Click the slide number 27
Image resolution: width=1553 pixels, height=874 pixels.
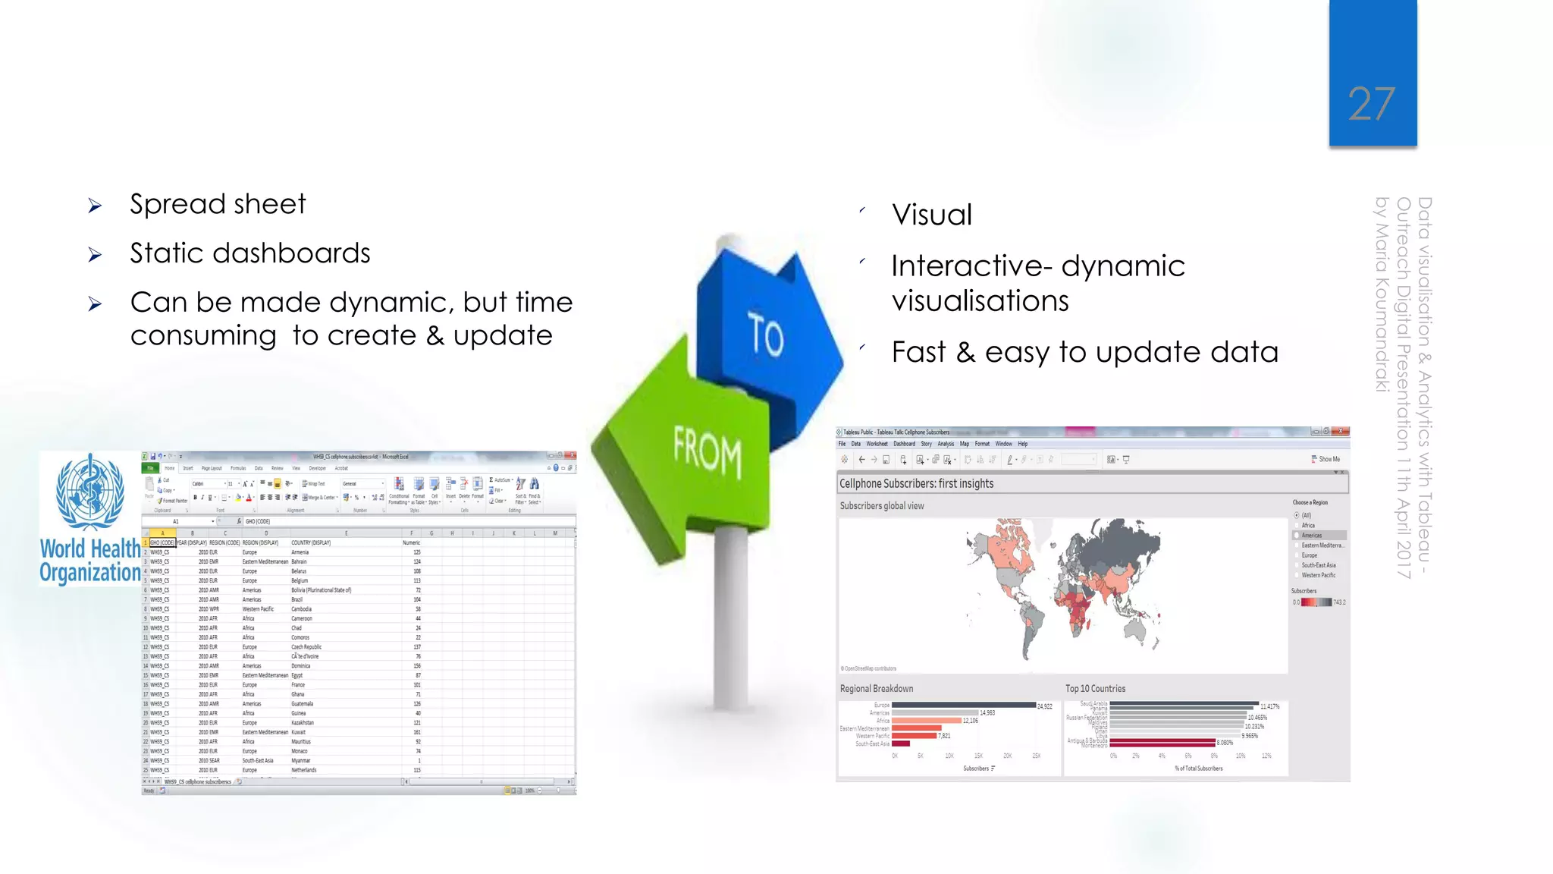[x=1371, y=104]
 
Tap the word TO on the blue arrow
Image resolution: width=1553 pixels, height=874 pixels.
[x=765, y=335]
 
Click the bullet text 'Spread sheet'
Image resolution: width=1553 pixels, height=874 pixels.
[x=218, y=204]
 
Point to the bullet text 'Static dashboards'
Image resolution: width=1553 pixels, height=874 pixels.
[x=249, y=253]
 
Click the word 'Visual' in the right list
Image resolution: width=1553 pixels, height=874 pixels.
[x=931, y=215]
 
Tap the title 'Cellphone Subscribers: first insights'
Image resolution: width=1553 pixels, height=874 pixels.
[x=916, y=483]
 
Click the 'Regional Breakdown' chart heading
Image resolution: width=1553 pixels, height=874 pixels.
[x=876, y=689]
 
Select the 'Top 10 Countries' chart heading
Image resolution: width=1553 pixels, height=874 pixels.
[x=1095, y=689]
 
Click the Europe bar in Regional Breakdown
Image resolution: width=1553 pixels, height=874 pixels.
[x=963, y=706]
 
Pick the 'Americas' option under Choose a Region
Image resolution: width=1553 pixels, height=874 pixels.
[x=1312, y=536]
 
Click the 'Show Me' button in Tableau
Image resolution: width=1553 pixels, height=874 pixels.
[x=1326, y=459]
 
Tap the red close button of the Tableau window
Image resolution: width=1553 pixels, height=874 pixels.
[x=1341, y=432]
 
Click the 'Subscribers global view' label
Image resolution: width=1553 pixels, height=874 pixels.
[x=881, y=506]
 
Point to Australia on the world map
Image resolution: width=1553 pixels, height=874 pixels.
[x=1134, y=630]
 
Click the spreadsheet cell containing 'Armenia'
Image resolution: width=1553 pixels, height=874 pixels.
[x=300, y=552]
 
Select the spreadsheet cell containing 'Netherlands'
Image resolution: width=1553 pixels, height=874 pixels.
[x=304, y=770]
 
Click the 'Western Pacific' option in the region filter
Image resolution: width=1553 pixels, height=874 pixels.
[x=1318, y=575]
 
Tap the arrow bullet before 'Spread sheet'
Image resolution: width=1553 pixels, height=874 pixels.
[x=95, y=206]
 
